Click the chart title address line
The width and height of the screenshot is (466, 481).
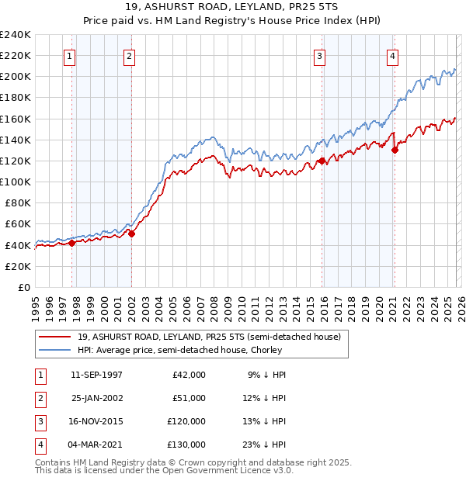pyautogui.click(x=232, y=8)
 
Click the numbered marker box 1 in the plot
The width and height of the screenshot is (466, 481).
pyautogui.click(x=69, y=56)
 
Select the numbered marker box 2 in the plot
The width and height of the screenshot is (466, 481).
pyautogui.click(x=129, y=56)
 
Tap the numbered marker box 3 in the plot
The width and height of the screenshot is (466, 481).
pyautogui.click(x=319, y=56)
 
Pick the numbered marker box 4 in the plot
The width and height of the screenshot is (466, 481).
pyautogui.click(x=392, y=56)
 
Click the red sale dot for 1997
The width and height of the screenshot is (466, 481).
pyautogui.click(x=71, y=243)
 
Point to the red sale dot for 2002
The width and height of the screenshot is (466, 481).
pyautogui.click(x=131, y=234)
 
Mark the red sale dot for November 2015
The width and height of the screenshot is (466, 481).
pyautogui.click(x=322, y=161)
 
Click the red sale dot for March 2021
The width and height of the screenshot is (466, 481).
pyautogui.click(x=395, y=151)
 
